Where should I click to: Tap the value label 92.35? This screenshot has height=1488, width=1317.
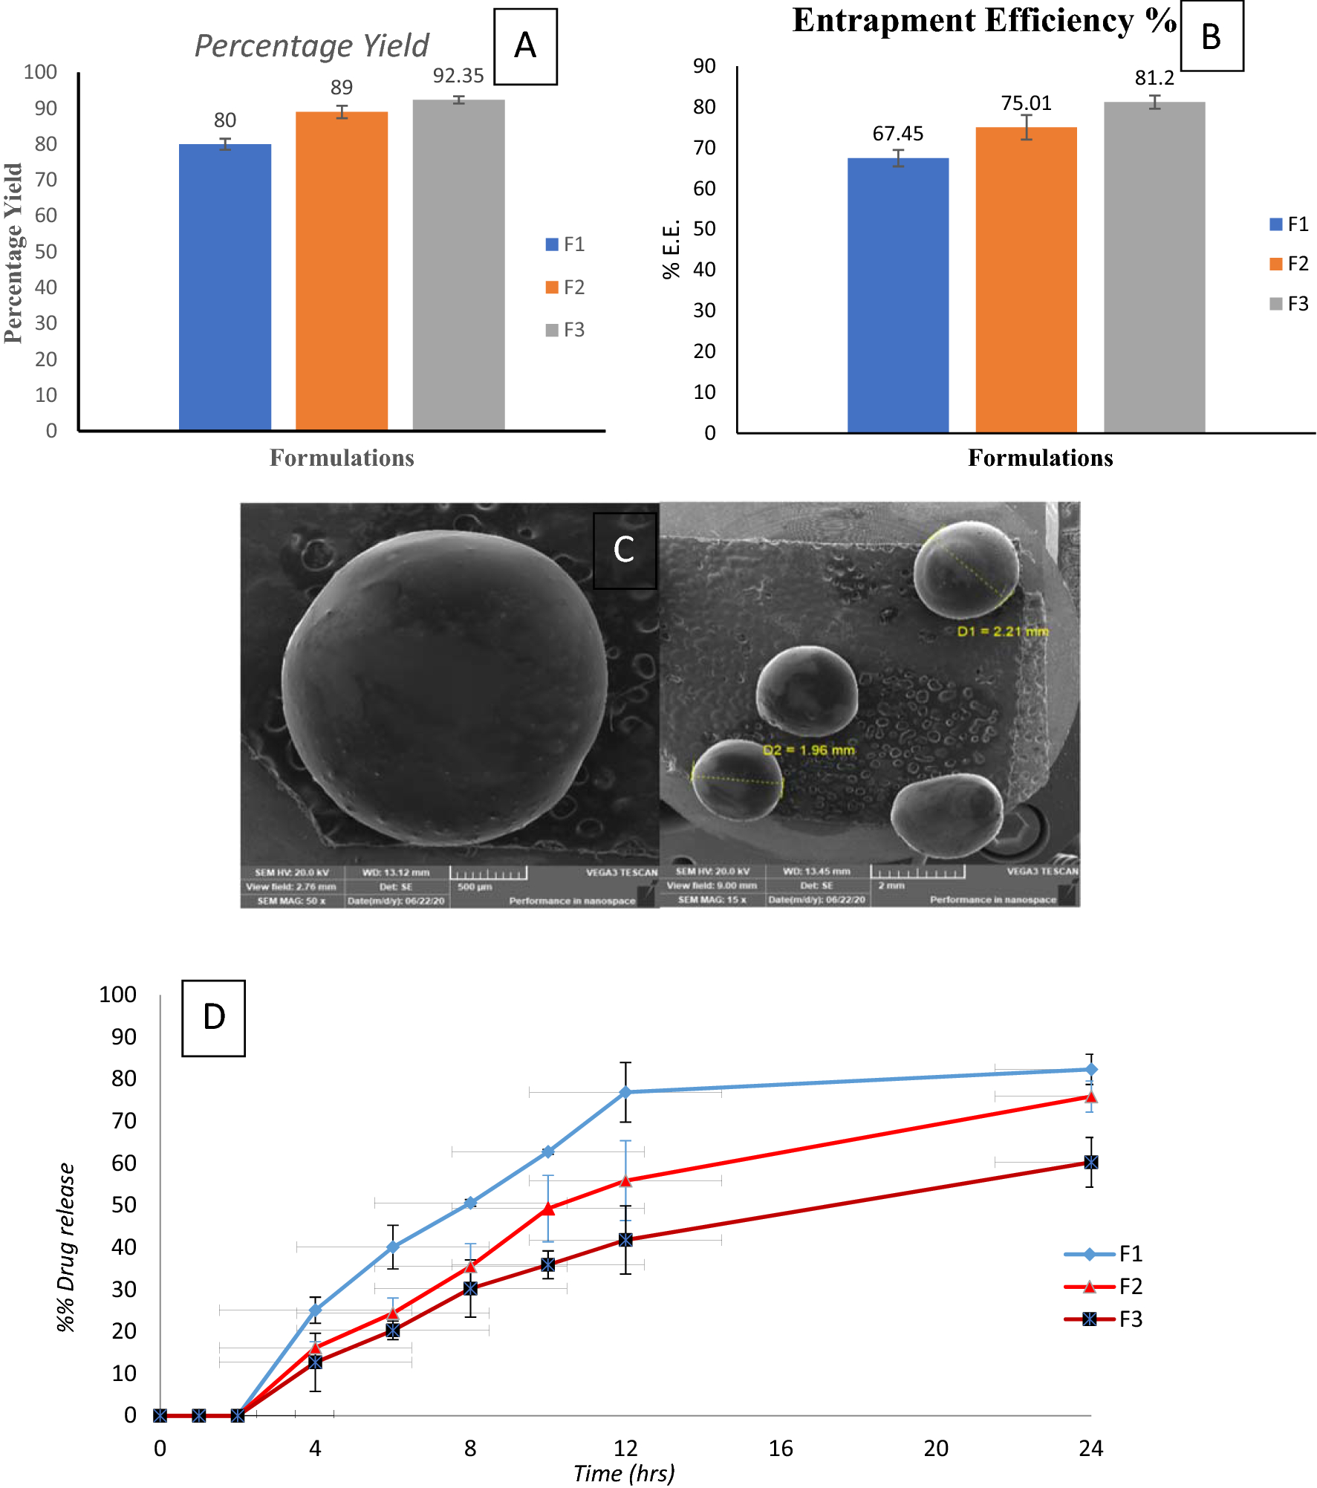click(x=458, y=76)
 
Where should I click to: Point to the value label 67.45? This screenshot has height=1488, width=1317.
click(x=897, y=134)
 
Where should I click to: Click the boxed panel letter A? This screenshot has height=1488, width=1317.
click(x=525, y=46)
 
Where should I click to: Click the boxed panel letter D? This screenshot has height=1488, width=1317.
click(x=214, y=1017)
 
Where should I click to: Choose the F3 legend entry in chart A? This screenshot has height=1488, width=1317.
click(x=565, y=330)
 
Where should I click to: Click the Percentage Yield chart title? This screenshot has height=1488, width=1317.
click(x=311, y=46)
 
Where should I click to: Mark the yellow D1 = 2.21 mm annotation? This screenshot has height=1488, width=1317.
click(x=1002, y=631)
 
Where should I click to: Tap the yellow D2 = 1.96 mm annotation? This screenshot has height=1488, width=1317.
click(x=809, y=750)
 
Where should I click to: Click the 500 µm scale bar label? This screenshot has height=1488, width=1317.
click(x=475, y=887)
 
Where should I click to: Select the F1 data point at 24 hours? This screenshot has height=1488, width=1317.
click(x=1090, y=1070)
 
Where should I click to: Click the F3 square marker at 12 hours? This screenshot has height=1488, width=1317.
click(x=625, y=1240)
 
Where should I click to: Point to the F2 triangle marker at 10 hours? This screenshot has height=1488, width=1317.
click(x=548, y=1209)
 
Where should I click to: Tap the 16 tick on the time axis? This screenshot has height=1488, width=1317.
click(x=781, y=1448)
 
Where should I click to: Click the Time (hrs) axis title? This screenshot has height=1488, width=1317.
click(x=624, y=1473)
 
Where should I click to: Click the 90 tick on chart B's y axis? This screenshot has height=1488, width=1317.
click(x=704, y=66)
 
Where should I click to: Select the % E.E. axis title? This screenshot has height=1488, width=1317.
click(x=671, y=250)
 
